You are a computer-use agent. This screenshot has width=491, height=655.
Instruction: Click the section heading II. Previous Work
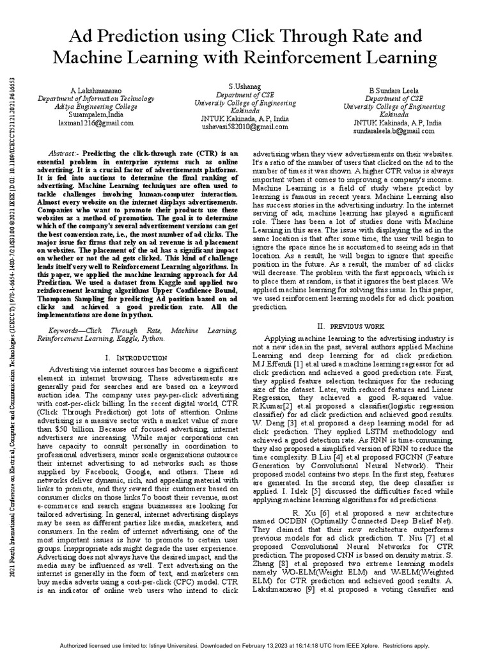tap(348, 326)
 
